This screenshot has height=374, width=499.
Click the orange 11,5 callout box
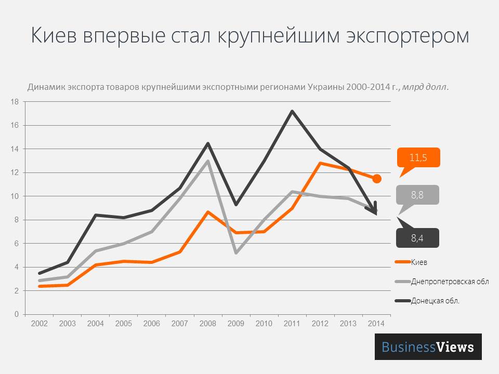(418, 157)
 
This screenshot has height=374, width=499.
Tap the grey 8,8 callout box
(417, 195)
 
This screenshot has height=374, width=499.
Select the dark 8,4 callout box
(418, 238)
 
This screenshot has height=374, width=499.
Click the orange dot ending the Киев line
(377, 179)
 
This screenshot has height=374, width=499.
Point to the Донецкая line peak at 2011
(292, 111)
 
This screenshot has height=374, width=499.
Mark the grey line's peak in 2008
(208, 161)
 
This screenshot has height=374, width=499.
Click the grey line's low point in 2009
(236, 252)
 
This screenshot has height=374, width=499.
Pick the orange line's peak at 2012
(320, 163)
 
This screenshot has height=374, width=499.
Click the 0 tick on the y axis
(17, 314)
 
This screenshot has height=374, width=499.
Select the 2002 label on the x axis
(40, 324)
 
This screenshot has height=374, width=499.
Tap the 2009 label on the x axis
(236, 324)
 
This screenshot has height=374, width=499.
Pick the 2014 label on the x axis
(376, 324)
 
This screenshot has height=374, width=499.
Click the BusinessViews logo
(428, 346)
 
